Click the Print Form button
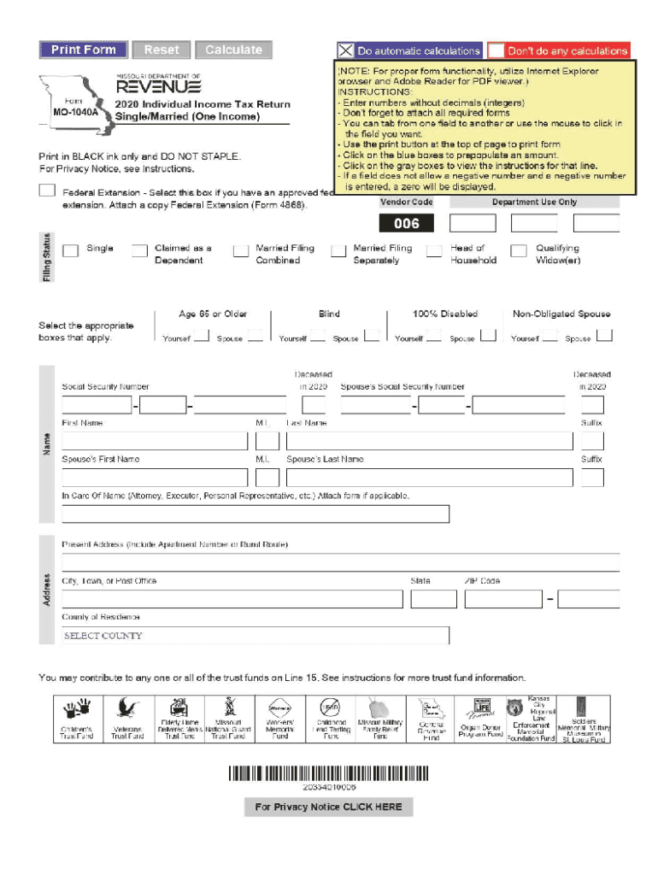(x=83, y=50)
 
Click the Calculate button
(x=233, y=50)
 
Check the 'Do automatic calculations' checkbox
(x=345, y=50)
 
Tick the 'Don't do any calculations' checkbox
(x=496, y=50)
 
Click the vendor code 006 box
(x=407, y=224)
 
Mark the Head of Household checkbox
(x=434, y=250)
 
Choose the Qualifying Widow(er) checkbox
(x=518, y=250)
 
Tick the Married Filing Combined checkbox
(x=240, y=250)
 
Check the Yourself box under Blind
(x=317, y=336)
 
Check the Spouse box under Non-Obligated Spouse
(x=603, y=336)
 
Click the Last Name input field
(x=429, y=441)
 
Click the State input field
(x=433, y=599)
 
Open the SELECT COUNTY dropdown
(x=255, y=636)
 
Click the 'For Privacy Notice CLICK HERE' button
(x=328, y=807)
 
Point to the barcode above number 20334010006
(x=329, y=774)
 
